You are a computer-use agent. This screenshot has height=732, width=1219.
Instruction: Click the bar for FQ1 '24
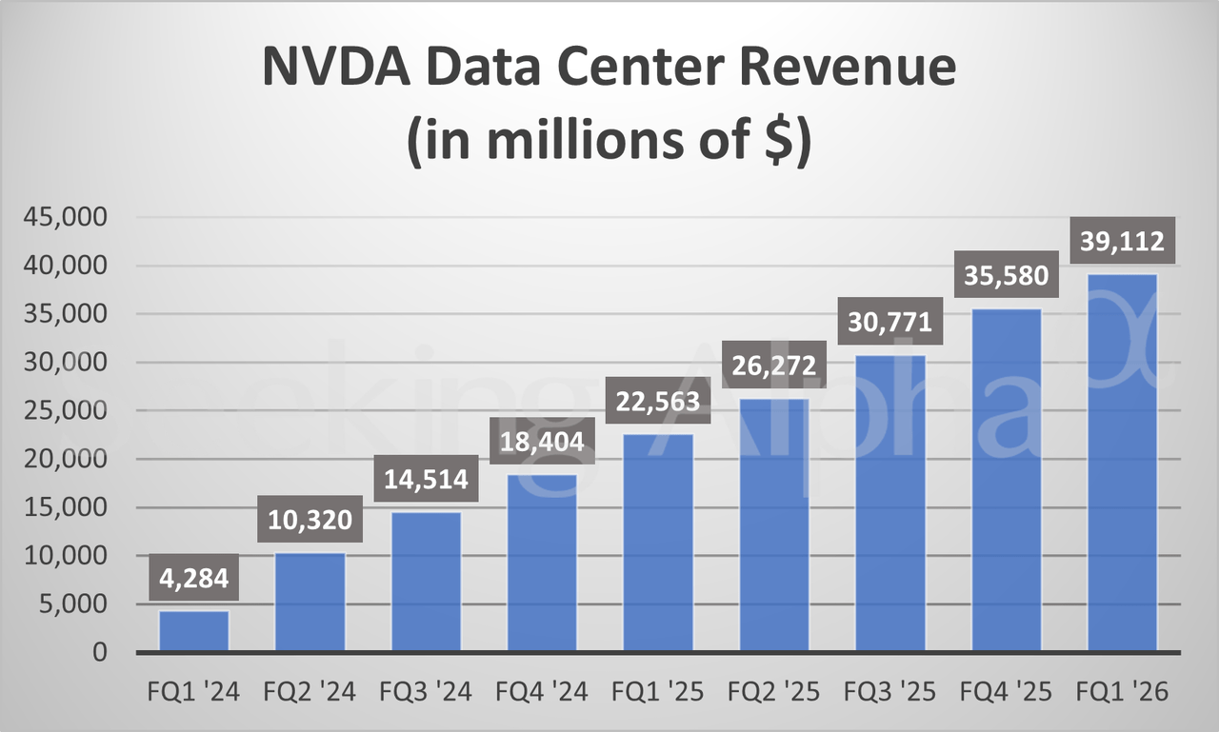pos(194,631)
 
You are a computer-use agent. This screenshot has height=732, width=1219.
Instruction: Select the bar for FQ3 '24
pos(427,582)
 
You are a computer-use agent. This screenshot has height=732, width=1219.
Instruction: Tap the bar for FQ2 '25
pos(775,525)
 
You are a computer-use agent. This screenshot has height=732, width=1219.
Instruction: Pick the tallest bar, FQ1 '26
pos(1123,464)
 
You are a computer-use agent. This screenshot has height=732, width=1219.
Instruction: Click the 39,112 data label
pos(1122,243)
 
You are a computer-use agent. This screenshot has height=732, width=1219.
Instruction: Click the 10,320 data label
pos(310,520)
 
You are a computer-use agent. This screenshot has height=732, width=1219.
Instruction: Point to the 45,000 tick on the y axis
pos(75,217)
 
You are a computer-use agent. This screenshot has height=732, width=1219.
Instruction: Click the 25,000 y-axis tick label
pos(75,411)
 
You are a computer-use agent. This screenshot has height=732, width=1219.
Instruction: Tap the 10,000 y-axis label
pos(75,556)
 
